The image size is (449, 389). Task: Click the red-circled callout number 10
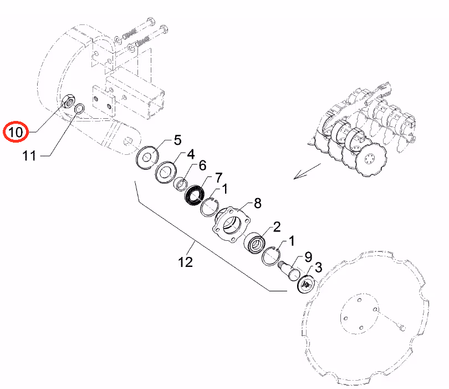click(x=16, y=132)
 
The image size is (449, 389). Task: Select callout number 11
click(x=29, y=156)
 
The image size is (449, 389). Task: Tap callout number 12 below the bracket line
click(x=185, y=262)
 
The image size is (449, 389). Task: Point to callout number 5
click(x=177, y=140)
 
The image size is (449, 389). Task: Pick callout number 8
click(x=258, y=203)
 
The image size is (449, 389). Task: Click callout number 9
click(x=308, y=257)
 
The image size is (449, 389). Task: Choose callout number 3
click(x=318, y=267)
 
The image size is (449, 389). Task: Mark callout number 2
click(x=277, y=227)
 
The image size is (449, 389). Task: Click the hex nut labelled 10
click(x=69, y=101)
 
